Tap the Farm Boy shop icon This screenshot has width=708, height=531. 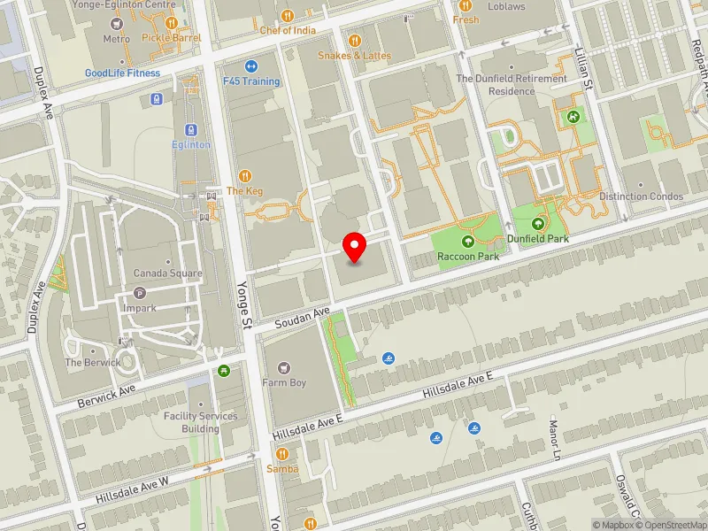point(283,367)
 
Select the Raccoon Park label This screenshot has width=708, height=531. point(467,257)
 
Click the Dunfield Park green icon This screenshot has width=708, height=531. point(537,223)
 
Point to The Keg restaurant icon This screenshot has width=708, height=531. point(245,176)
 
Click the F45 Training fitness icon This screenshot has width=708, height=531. point(250,66)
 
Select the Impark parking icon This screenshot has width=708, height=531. point(139,294)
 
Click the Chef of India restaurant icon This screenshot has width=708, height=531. point(288,16)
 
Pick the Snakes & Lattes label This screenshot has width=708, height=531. point(354,56)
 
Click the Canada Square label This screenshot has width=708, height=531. point(168,273)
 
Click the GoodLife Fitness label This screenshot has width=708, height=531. point(123,73)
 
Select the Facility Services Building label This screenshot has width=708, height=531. point(200,422)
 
